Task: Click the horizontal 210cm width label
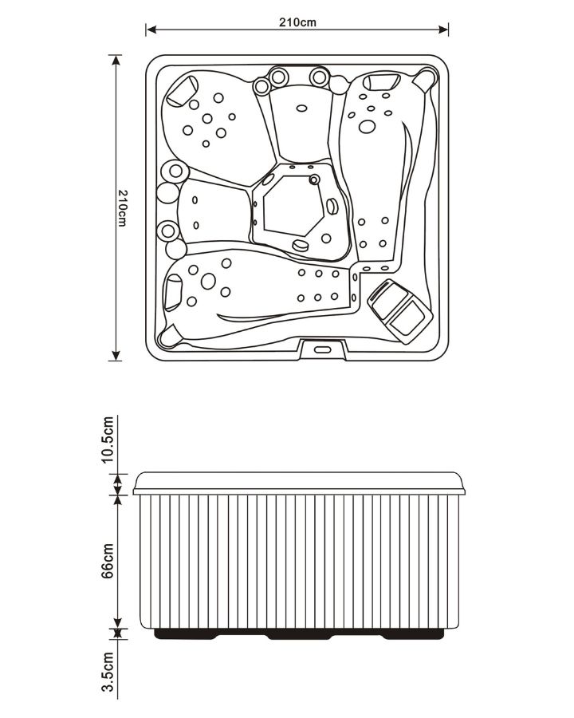click(297, 22)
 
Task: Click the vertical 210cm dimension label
click(122, 208)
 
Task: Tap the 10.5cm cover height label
click(107, 440)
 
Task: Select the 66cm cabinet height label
click(107, 561)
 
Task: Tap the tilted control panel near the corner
click(400, 311)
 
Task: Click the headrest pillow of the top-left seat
click(181, 91)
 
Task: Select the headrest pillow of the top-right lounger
click(382, 81)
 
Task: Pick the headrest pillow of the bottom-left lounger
click(173, 293)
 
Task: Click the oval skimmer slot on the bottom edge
click(322, 350)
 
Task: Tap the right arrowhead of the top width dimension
click(443, 30)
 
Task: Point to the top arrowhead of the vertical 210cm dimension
click(116, 61)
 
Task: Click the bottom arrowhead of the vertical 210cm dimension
click(116, 355)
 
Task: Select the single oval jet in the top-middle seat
click(301, 108)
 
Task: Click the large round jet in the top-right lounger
click(367, 127)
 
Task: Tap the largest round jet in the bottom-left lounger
click(208, 281)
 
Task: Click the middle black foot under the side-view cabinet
click(300, 635)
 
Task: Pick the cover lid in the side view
click(300, 483)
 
